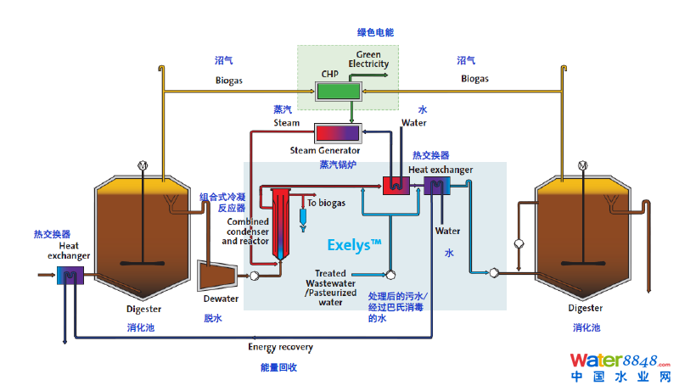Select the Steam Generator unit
(338, 133)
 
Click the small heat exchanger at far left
(68, 275)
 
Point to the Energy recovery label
(280, 347)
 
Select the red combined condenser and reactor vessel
(281, 220)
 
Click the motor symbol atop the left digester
(142, 165)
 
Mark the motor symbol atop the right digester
(582, 165)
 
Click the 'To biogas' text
(327, 204)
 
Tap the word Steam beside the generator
(286, 123)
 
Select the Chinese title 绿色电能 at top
(375, 32)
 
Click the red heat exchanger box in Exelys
(395, 185)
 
